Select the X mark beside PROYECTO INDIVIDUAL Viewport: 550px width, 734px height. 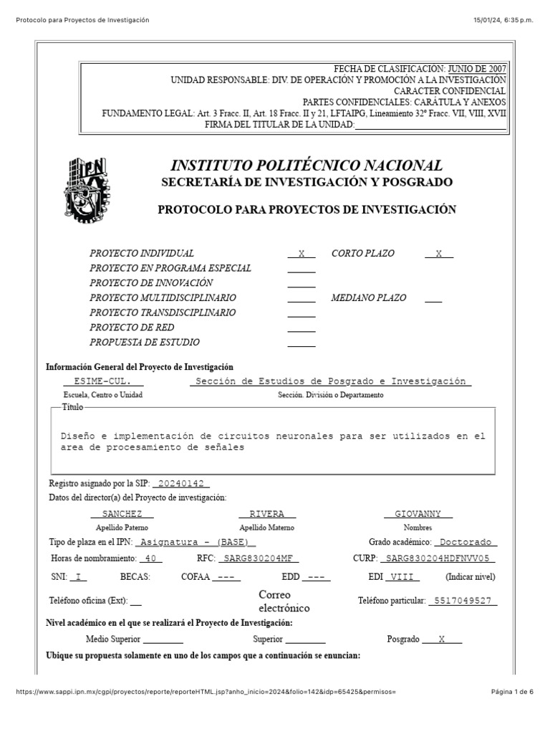pyautogui.click(x=301, y=254)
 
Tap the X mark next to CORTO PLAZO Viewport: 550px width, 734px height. pyautogui.click(x=439, y=254)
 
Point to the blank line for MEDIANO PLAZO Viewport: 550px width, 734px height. pyautogui.click(x=433, y=299)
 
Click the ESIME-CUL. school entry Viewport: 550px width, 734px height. pyautogui.click(x=103, y=381)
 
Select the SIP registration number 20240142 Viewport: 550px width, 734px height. pyautogui.click(x=181, y=484)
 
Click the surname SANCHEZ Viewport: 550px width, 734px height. pyautogui.click(x=122, y=514)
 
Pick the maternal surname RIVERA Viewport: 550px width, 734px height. pyautogui.click(x=267, y=514)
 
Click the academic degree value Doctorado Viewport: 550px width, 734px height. pyautogui.click(x=466, y=543)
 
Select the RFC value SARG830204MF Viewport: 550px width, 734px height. pyautogui.click(x=258, y=558)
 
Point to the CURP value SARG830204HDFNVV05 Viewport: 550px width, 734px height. pyautogui.click(x=437, y=558)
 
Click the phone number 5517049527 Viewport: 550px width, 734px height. pyautogui.click(x=463, y=601)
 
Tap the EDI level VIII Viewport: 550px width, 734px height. pyautogui.click(x=404, y=577)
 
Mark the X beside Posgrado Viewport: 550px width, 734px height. pyautogui.click(x=442, y=639)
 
